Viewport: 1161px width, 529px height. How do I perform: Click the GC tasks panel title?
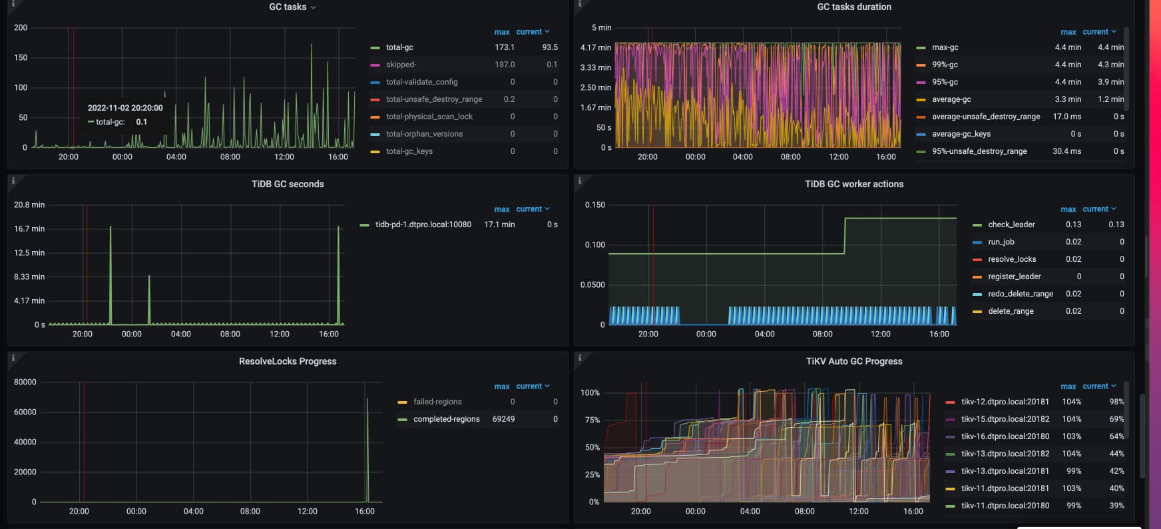click(288, 7)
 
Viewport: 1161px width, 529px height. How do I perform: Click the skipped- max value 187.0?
click(505, 65)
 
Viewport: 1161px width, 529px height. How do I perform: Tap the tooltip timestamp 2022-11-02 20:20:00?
click(125, 108)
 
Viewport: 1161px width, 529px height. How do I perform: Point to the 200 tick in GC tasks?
click(21, 28)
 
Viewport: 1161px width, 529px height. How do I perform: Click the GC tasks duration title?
click(854, 7)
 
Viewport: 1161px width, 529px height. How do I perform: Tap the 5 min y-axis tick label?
click(601, 28)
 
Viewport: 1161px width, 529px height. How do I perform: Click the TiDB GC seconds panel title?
click(288, 184)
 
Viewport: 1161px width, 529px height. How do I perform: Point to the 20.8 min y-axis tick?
click(29, 205)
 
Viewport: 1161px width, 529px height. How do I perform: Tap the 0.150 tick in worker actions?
click(595, 205)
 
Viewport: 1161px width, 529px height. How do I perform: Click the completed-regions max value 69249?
click(503, 419)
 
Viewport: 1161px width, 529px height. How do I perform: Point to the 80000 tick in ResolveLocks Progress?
click(25, 382)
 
